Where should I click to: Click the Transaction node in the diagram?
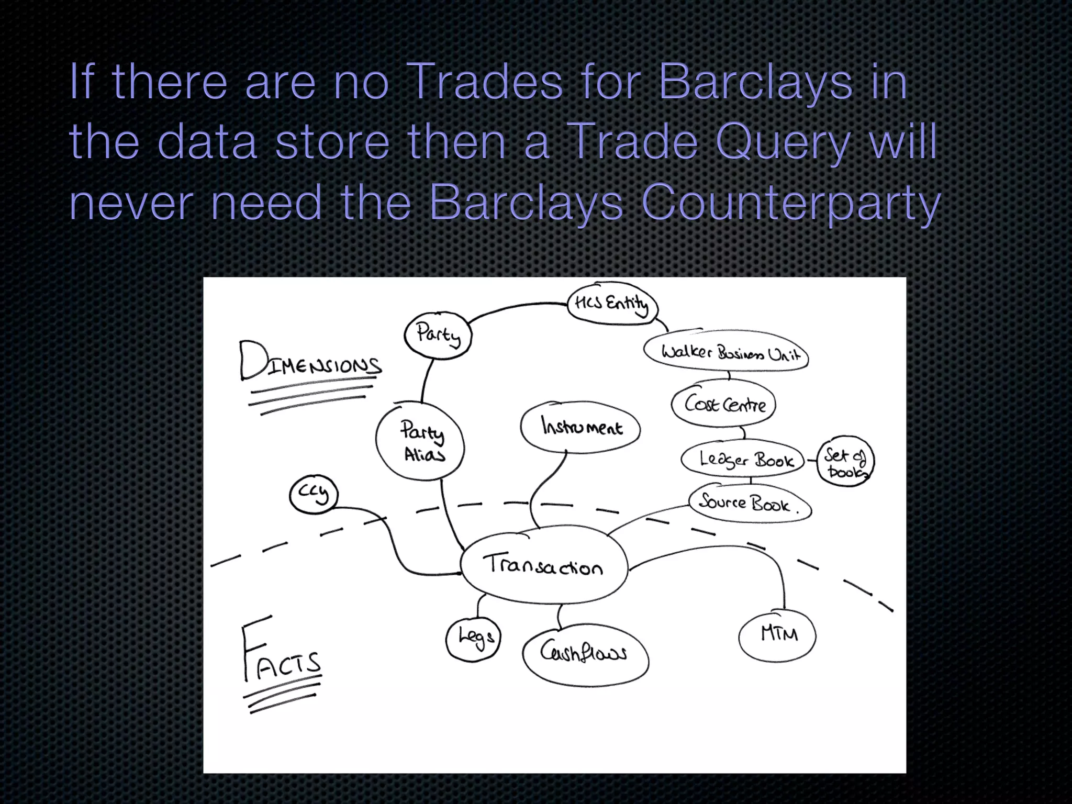click(543, 566)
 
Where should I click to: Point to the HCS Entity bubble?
click(612, 304)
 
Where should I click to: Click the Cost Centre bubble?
click(724, 405)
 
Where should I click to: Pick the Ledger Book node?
click(743, 460)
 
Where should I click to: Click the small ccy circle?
click(314, 494)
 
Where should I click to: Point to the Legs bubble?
click(474, 639)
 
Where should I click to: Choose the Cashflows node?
click(585, 654)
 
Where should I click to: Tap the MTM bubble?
click(778, 634)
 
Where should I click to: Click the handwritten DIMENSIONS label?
click(310, 363)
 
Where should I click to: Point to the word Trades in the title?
click(484, 82)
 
